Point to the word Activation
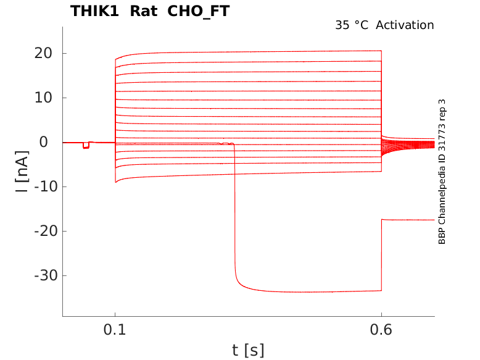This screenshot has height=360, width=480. (405, 25)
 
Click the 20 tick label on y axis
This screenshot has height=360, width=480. (42, 53)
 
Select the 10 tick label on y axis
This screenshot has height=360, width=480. (42, 98)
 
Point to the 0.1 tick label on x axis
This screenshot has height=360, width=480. (115, 330)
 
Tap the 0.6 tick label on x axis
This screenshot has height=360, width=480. (381, 330)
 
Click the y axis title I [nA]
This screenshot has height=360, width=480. (22, 171)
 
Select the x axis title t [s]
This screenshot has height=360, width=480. (248, 350)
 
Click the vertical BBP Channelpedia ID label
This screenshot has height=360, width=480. (442, 171)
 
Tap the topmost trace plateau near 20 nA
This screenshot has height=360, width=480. (247, 52)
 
